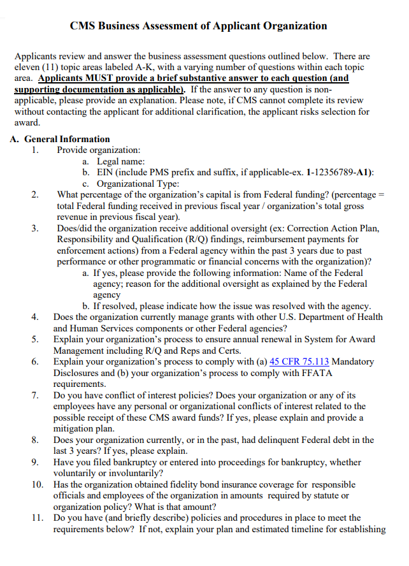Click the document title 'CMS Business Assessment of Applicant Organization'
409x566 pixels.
click(x=198, y=26)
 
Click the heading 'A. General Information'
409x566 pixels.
click(x=60, y=139)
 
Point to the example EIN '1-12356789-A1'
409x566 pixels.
click(x=339, y=173)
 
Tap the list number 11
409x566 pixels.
click(x=37, y=518)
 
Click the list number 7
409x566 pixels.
click(x=37, y=395)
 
